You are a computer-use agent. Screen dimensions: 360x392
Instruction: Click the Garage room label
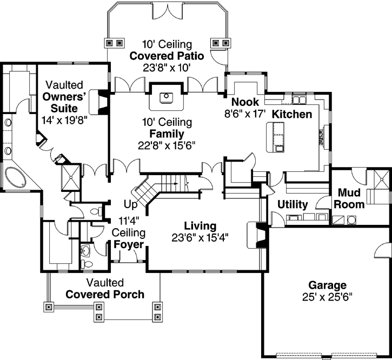[x=327, y=285]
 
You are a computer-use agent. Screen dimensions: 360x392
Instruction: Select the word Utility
[x=293, y=205]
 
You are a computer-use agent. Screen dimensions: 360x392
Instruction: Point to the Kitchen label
[x=291, y=114]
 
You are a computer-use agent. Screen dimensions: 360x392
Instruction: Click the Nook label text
[x=245, y=102]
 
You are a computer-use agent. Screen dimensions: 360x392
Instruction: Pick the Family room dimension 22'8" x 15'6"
[x=166, y=145]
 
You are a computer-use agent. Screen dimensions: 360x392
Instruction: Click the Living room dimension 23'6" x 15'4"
[x=200, y=237]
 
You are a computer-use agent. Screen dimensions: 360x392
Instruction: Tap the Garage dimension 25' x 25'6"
[x=327, y=297]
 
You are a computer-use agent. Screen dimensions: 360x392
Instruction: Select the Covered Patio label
[x=166, y=56]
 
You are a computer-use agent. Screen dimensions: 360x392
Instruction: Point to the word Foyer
[x=129, y=244]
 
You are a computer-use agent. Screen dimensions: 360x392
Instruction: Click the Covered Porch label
[x=105, y=295]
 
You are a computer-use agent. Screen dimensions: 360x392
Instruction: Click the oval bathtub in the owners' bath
[x=15, y=178]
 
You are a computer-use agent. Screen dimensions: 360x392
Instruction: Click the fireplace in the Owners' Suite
[x=98, y=101]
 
